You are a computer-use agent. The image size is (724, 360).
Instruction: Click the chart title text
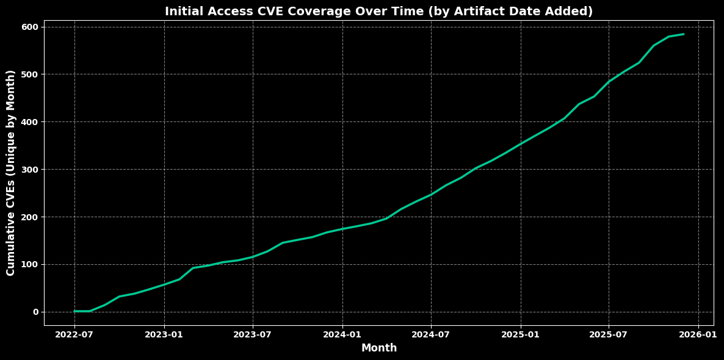pyautogui.click(x=378, y=12)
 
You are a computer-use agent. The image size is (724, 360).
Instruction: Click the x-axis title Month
pyautogui.click(x=378, y=348)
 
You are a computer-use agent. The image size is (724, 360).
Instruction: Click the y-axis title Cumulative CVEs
pyautogui.click(x=11, y=173)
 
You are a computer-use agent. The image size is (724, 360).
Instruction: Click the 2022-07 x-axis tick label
pyautogui.click(x=74, y=334)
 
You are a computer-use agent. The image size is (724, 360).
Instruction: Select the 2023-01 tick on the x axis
pyautogui.click(x=164, y=334)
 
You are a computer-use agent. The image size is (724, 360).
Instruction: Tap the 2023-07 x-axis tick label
pyautogui.click(x=253, y=334)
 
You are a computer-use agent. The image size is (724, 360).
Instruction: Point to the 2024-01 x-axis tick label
pyautogui.click(x=342, y=334)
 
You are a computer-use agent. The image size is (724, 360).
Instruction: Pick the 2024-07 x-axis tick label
pyautogui.click(x=431, y=334)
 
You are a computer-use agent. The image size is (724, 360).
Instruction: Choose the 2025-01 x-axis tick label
pyautogui.click(x=521, y=334)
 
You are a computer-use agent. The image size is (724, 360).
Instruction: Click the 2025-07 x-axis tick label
pyautogui.click(x=609, y=334)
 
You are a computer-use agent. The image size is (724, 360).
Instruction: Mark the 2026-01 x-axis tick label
pyautogui.click(x=698, y=334)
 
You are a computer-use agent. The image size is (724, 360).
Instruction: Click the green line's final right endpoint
pyautogui.click(x=683, y=34)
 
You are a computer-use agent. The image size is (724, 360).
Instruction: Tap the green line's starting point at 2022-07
pyautogui.click(x=74, y=311)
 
